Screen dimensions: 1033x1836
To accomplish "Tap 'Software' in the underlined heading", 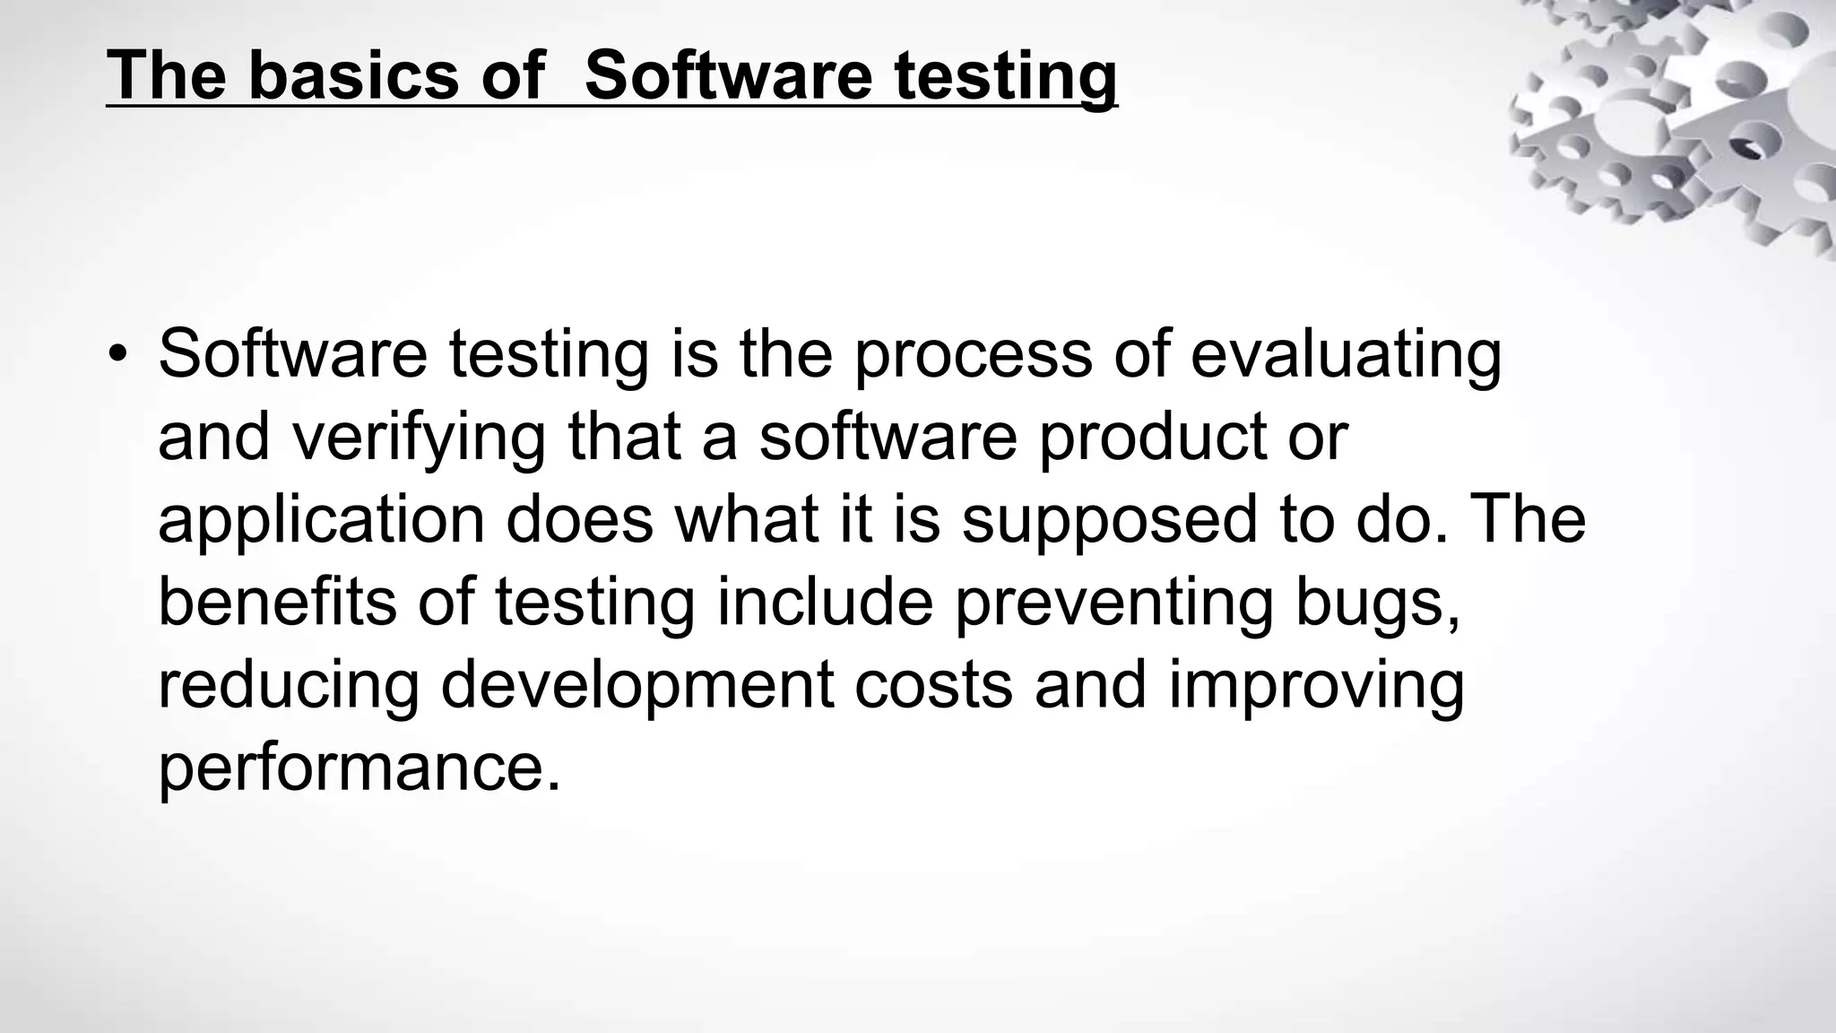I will pyautogui.click(x=727, y=75).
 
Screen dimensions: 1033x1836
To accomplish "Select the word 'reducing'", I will pyautogui.click(x=289, y=687).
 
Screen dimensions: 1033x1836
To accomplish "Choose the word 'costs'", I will pyautogui.click(x=933, y=687).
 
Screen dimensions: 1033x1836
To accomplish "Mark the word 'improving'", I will pyautogui.click(x=1316, y=687).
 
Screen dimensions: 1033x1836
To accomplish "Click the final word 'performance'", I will pyautogui.click(x=359, y=769).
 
